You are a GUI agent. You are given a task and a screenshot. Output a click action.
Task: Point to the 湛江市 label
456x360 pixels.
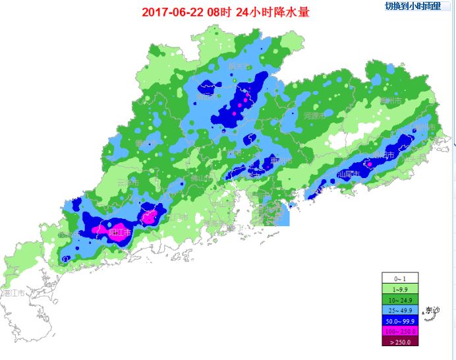(x=13, y=292)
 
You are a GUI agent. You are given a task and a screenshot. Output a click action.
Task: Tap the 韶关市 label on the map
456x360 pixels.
(x=239, y=66)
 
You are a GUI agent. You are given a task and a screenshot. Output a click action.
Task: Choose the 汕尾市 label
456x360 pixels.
(x=347, y=174)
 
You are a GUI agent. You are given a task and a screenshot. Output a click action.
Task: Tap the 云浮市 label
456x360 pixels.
(x=127, y=182)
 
